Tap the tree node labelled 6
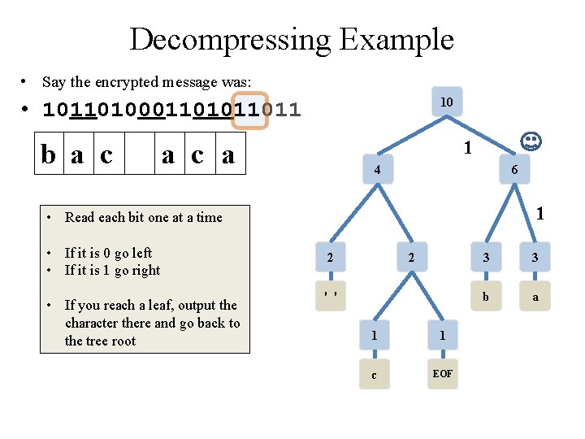[x=514, y=171]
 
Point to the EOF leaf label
[x=443, y=374]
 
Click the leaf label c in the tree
[x=374, y=374]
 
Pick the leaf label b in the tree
[x=486, y=297]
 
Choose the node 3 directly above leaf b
[x=486, y=258]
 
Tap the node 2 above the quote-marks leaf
[x=330, y=258]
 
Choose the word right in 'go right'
[x=145, y=271]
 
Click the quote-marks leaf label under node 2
[x=330, y=294]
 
